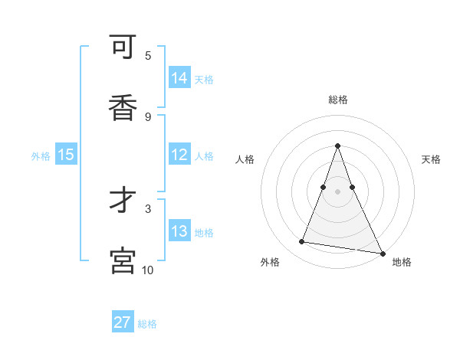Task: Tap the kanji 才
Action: (123, 201)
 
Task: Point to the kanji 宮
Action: (123, 261)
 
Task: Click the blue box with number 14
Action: (179, 77)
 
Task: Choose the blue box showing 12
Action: (179, 155)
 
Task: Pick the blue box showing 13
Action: (179, 231)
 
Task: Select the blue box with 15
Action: (66, 155)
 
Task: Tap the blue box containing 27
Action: (123, 322)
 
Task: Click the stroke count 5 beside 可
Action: (148, 55)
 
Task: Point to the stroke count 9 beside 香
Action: (148, 116)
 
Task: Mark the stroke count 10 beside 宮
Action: (148, 270)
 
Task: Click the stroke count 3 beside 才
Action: (148, 208)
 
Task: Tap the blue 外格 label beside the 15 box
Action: (41, 155)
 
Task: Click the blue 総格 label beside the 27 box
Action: (147, 324)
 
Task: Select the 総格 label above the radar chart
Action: (337, 100)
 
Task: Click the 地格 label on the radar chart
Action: (402, 263)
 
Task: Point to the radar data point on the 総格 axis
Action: (337, 146)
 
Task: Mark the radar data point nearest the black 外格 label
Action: (301, 242)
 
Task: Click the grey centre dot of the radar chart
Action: (337, 191)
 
